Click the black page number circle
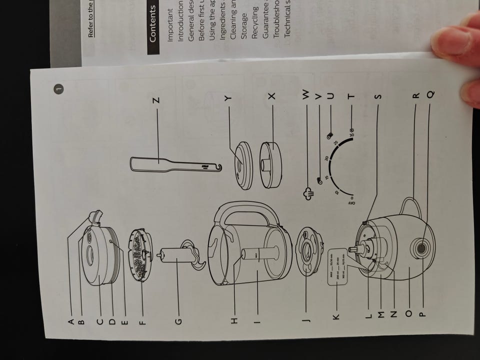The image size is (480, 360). (x=58, y=89)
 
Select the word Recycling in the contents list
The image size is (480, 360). (x=255, y=23)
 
